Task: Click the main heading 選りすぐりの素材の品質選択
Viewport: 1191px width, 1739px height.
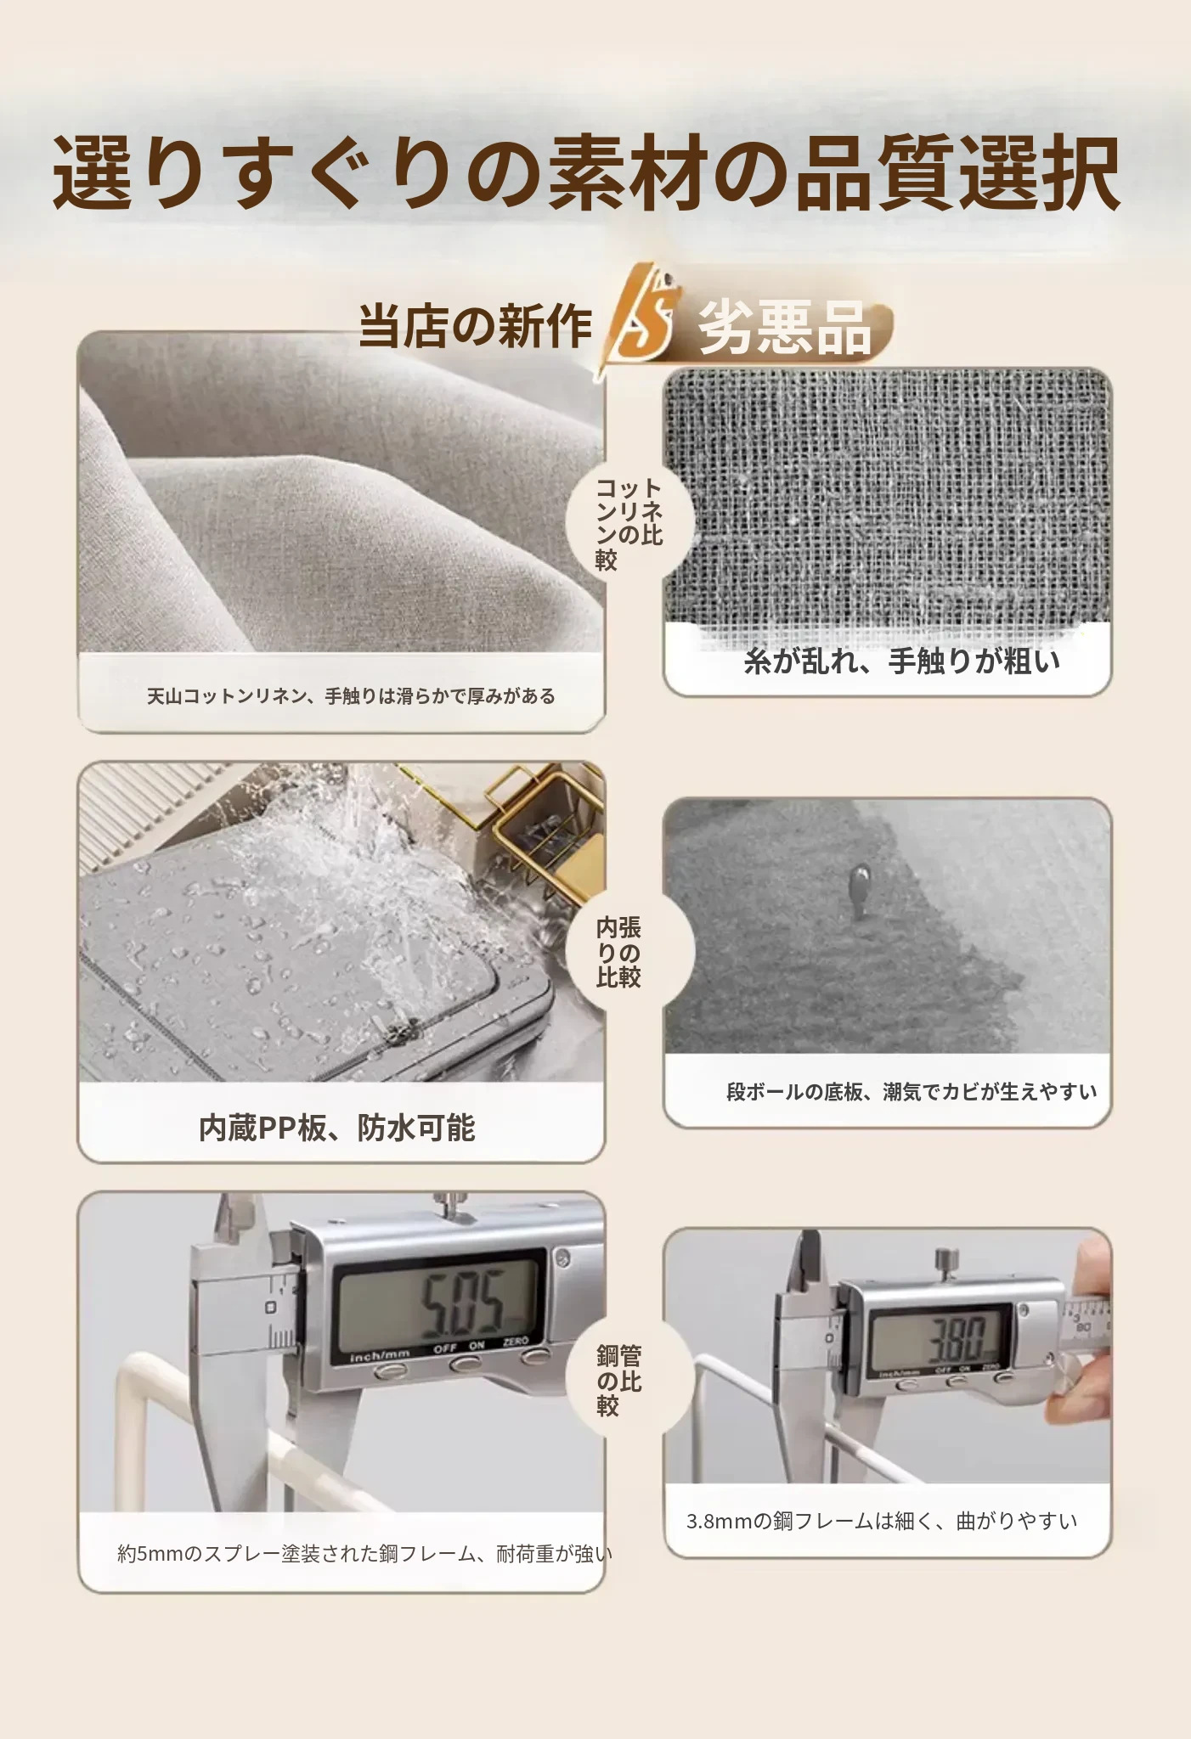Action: pyautogui.click(x=586, y=173)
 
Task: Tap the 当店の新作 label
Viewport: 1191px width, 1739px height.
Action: pyautogui.click(x=475, y=325)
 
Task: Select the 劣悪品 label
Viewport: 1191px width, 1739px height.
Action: pyautogui.click(x=784, y=327)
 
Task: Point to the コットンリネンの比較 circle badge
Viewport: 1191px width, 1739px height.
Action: pyautogui.click(x=629, y=523)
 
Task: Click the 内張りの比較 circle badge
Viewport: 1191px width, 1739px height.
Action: pyautogui.click(x=629, y=952)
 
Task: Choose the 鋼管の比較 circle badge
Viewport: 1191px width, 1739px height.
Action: pyautogui.click(x=629, y=1380)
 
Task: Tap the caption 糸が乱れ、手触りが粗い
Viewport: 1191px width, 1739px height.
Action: pyautogui.click(x=901, y=660)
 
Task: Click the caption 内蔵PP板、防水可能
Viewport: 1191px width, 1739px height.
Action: pyautogui.click(x=336, y=1128)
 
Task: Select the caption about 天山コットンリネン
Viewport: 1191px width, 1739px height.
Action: pyautogui.click(x=351, y=696)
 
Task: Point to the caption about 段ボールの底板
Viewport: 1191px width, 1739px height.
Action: pyautogui.click(x=912, y=1091)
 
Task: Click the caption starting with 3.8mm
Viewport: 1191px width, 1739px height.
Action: pyautogui.click(x=882, y=1521)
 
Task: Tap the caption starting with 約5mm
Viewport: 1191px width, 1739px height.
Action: pyautogui.click(x=364, y=1554)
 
